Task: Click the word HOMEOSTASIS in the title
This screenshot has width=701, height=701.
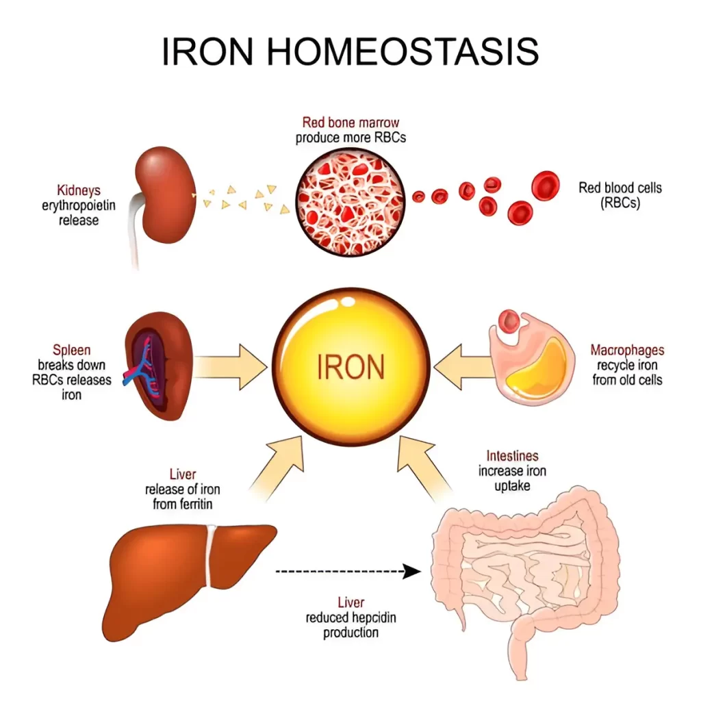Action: click(403, 51)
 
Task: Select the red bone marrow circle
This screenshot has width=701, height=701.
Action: click(350, 202)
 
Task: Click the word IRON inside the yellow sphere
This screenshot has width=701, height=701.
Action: click(351, 367)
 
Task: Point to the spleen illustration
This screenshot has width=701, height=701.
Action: click(159, 366)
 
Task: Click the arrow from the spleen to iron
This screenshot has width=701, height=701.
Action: click(230, 367)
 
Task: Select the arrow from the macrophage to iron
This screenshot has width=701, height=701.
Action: click(463, 367)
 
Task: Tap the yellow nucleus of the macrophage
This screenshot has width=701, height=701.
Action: click(537, 369)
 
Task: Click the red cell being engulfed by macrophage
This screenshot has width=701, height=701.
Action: click(509, 322)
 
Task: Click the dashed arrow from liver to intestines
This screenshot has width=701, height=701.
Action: click(348, 571)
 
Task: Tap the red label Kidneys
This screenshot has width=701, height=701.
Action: click(79, 190)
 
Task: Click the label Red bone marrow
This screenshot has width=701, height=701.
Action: click(350, 122)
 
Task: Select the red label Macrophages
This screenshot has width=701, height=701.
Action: click(627, 350)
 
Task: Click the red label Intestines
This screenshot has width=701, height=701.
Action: click(512, 455)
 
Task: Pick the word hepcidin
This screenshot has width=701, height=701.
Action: click(374, 618)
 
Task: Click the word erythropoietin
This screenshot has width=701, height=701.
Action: click(79, 205)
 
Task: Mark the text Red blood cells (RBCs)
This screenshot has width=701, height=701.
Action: click(620, 195)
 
